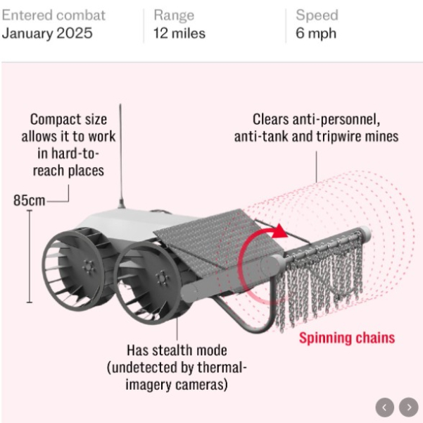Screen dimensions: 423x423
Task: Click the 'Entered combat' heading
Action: point(53,15)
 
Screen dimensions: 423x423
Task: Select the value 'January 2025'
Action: point(46,33)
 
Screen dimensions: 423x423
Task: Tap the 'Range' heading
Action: point(173,15)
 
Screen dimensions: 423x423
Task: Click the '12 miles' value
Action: point(179,33)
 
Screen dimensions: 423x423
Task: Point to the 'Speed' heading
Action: point(317,15)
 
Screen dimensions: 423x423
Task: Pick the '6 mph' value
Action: point(316,33)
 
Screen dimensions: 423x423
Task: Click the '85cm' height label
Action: point(29,200)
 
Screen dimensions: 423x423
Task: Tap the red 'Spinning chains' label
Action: point(346,337)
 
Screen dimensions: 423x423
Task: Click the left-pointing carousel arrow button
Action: point(384,407)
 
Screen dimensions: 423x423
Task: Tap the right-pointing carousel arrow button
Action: point(408,407)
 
